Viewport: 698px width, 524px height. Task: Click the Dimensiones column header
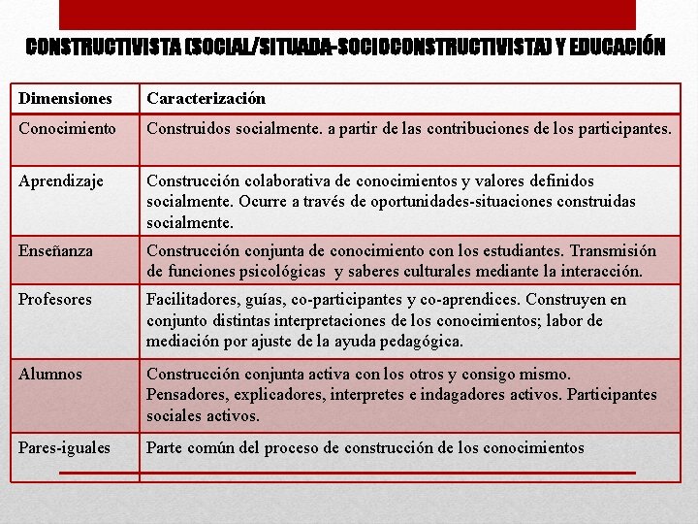[x=65, y=99]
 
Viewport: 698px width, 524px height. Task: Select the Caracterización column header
[x=206, y=99]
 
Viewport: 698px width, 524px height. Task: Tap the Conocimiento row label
[x=67, y=128]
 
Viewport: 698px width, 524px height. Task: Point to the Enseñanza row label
[x=57, y=250]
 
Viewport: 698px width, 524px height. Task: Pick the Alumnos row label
[x=50, y=374]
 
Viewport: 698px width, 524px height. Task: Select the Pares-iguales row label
[x=65, y=447]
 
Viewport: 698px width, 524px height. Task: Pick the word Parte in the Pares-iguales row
[x=164, y=447]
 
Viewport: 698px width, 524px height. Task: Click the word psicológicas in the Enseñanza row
[x=287, y=272]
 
